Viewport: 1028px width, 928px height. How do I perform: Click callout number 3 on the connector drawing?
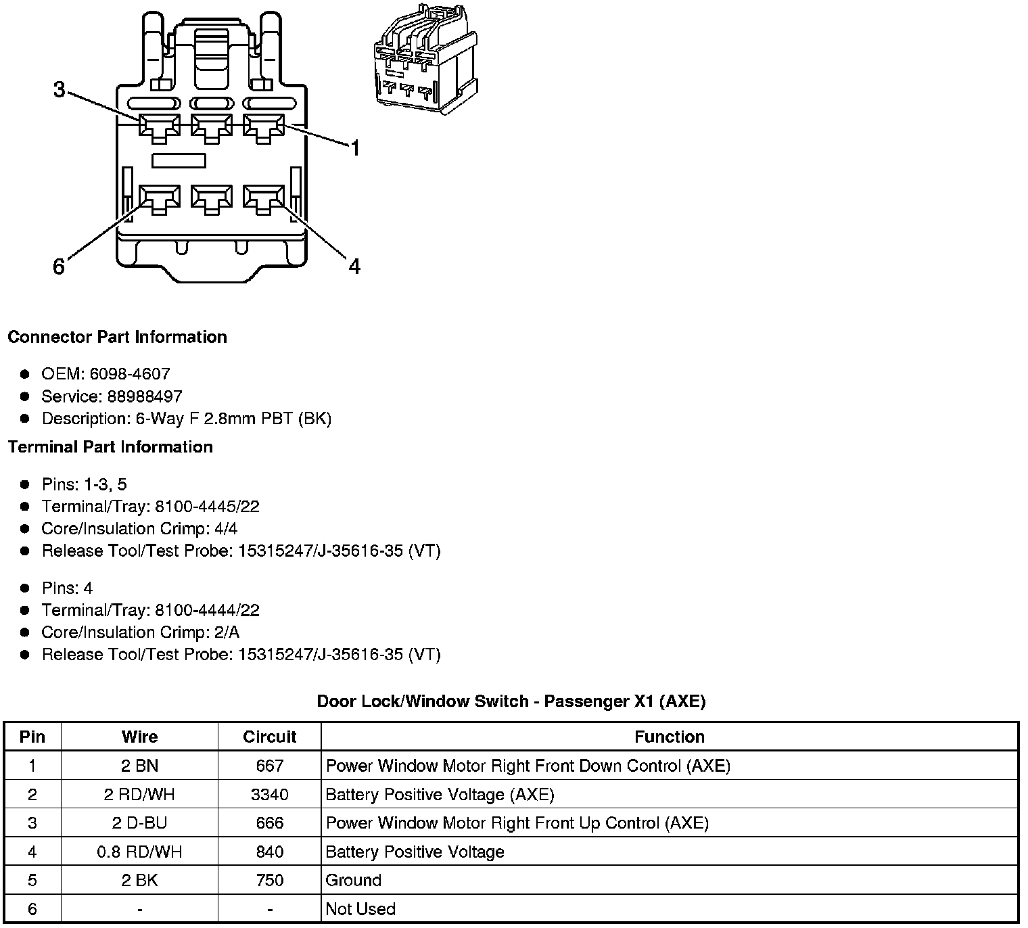(60, 89)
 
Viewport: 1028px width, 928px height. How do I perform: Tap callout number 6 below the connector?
(59, 267)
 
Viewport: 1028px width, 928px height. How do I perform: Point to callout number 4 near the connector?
(354, 266)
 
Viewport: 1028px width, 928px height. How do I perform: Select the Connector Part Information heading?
(117, 337)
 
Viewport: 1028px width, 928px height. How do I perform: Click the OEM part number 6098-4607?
(130, 374)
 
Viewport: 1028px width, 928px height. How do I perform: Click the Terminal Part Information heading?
(110, 447)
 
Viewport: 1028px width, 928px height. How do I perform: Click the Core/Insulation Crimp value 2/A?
(226, 632)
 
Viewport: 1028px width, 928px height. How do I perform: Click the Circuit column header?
(269, 737)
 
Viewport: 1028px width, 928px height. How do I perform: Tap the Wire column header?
(139, 737)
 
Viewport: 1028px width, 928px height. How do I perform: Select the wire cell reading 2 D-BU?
(139, 823)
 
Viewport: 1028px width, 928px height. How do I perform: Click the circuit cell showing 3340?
(269, 794)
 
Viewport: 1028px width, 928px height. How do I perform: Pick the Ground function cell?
(354, 880)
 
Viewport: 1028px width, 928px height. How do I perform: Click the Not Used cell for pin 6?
(360, 909)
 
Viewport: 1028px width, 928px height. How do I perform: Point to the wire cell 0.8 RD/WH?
(139, 852)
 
